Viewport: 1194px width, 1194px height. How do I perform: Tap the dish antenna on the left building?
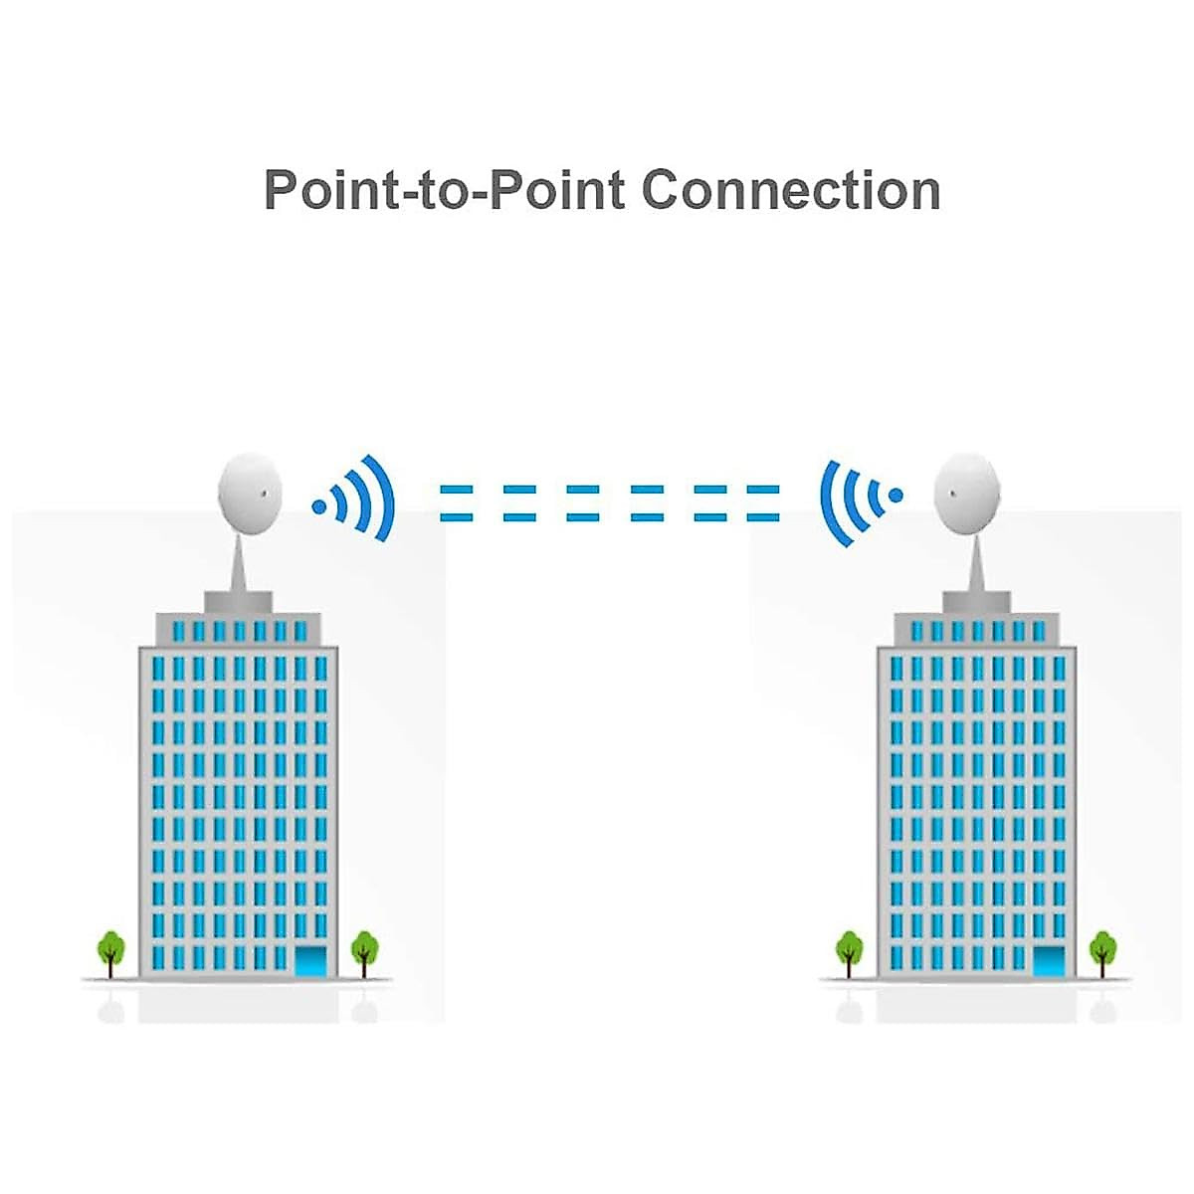pyautogui.click(x=250, y=493)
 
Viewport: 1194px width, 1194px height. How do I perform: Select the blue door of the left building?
pyautogui.click(x=311, y=961)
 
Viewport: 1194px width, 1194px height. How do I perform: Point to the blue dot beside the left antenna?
pyautogui.click(x=319, y=506)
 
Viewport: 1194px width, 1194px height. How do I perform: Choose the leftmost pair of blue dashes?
pyautogui.click(x=456, y=502)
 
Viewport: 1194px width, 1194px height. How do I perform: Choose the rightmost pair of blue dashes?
pyautogui.click(x=763, y=502)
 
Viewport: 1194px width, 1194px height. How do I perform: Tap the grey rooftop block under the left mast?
pyautogui.click(x=239, y=601)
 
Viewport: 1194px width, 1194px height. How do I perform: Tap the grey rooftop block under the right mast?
pyautogui.click(x=976, y=601)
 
